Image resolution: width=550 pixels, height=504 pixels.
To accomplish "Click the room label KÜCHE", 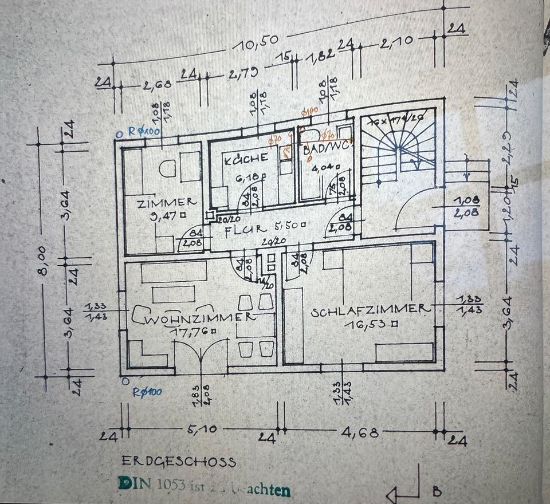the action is (246, 159).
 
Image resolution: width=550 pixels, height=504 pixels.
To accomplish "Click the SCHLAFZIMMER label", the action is (370, 309).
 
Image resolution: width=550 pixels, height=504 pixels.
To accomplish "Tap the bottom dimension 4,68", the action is (360, 432).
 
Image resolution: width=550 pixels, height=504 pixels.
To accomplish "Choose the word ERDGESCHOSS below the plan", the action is (179, 462).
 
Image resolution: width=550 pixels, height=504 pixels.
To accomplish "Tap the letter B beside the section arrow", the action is (437, 491).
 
